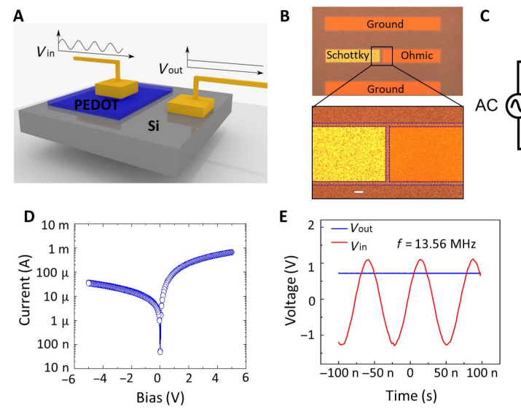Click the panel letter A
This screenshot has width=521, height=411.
click(19, 15)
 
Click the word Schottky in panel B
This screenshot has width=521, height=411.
click(348, 55)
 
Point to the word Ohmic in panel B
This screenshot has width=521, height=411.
click(418, 55)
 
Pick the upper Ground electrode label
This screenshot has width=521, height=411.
click(385, 24)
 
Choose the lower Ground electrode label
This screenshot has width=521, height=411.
click(385, 89)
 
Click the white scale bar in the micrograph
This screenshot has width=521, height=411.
click(359, 192)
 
